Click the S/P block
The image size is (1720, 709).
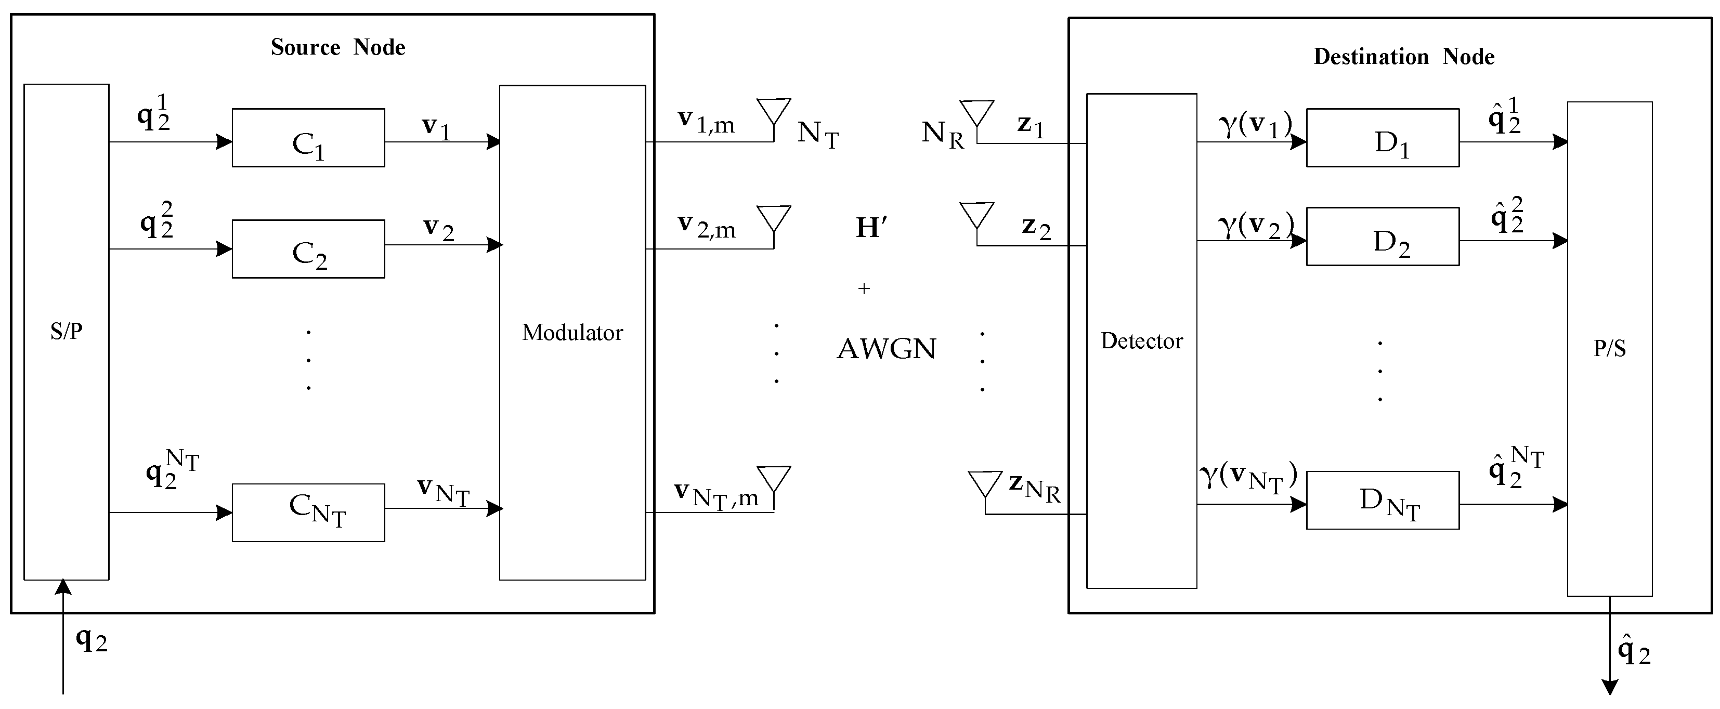[x=66, y=331]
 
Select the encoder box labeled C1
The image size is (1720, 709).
[x=308, y=138]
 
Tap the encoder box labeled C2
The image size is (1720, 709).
[x=308, y=249]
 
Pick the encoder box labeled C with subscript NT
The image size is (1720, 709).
[x=308, y=512]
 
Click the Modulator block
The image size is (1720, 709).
[x=572, y=332]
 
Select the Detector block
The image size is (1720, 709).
[x=1141, y=340]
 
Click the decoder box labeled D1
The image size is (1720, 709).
[x=1382, y=138]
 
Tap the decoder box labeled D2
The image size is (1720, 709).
[x=1382, y=237]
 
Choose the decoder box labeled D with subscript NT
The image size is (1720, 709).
[x=1382, y=500]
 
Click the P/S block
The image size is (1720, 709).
[x=1609, y=348]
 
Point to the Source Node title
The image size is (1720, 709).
[x=338, y=47]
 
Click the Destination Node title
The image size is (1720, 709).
[x=1403, y=57]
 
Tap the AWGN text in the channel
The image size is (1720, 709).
[x=886, y=348]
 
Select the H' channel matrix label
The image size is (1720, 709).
[x=871, y=228]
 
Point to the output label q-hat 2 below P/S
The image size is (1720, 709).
[x=1633, y=652]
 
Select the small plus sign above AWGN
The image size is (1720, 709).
[x=864, y=288]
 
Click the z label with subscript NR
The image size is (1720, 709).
[x=1034, y=488]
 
